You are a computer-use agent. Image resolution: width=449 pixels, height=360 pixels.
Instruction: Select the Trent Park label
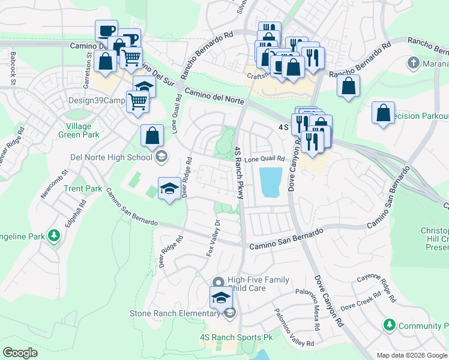(83, 188)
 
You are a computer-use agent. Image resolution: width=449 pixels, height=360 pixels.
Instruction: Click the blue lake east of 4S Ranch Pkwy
(270, 182)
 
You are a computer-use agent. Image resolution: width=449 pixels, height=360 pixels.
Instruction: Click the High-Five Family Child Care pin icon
(218, 282)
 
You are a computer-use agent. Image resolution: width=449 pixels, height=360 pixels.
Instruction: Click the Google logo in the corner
(20, 353)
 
